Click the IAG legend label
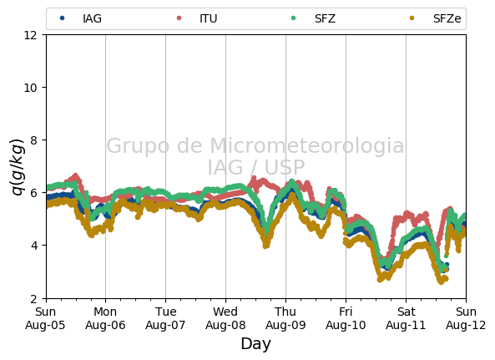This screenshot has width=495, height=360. [x=92, y=18]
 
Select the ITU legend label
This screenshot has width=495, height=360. [x=209, y=18]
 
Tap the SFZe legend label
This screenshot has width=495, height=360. [x=447, y=18]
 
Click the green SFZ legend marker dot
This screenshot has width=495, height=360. [x=294, y=18]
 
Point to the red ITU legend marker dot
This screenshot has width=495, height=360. [x=179, y=18]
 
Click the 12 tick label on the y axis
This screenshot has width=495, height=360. [x=30, y=35]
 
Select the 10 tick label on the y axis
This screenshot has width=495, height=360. [x=30, y=88]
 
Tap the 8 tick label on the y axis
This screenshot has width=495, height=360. [x=33, y=139]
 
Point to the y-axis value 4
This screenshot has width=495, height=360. [x=33, y=246]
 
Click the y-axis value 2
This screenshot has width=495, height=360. [x=33, y=298]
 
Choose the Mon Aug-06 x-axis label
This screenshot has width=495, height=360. [x=105, y=318]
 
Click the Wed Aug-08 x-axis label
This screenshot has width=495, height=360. [x=225, y=318]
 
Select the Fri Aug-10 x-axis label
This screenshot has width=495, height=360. [x=346, y=318]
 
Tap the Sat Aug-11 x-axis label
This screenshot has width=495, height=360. [x=406, y=318]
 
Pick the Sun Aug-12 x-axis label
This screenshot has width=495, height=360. [x=466, y=318]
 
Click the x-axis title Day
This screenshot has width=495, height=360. [x=256, y=344]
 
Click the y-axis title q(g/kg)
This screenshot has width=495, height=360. [x=18, y=166]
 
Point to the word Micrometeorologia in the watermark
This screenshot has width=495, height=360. [x=307, y=145]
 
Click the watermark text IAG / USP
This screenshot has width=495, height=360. [x=256, y=167]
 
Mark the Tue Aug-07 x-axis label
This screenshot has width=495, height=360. [x=165, y=318]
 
